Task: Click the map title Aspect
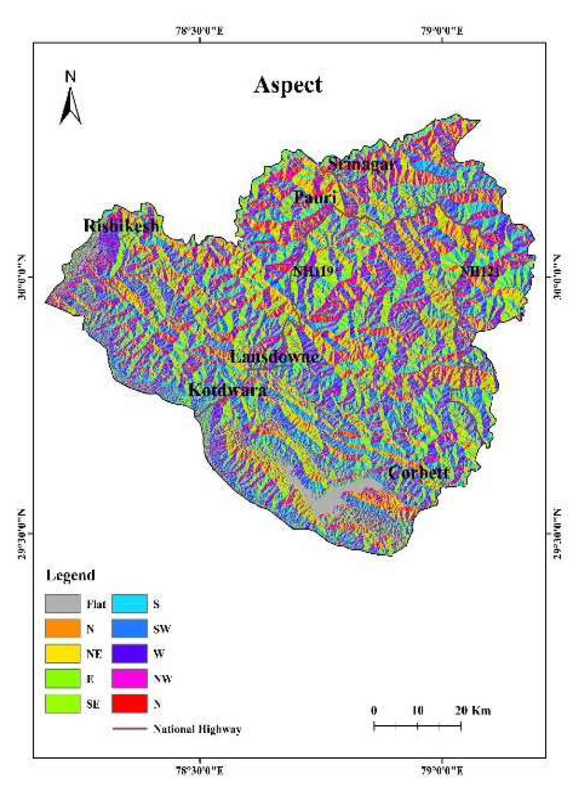coord(288,85)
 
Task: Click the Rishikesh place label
coord(121,225)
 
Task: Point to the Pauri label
coord(315,197)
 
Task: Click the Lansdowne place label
coord(274,356)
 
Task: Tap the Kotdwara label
coord(227,390)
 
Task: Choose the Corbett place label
coord(418,473)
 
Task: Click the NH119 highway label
coord(313,272)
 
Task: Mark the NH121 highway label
coord(480,272)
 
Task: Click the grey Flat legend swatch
coord(63,604)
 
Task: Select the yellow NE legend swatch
coord(63,654)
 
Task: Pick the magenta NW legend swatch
coord(129,678)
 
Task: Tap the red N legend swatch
coord(129,703)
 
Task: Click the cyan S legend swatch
coord(129,604)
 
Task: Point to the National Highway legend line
coord(129,728)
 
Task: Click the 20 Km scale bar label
coord(473,710)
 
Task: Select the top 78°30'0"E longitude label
coord(200,31)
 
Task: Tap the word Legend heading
coord(71,575)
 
